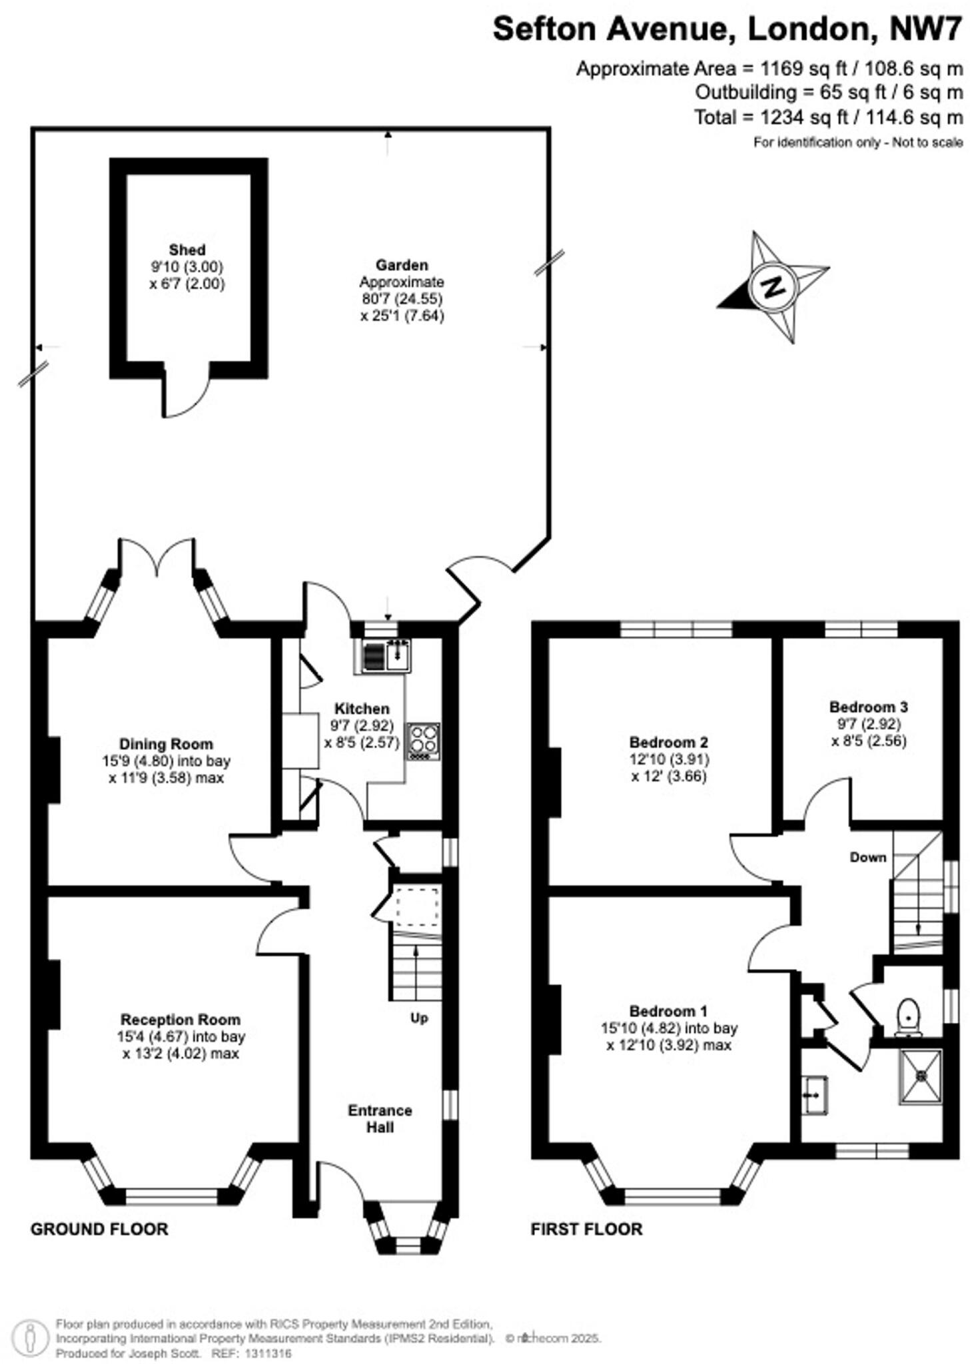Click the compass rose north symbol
tap(773, 287)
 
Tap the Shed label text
tap(187, 250)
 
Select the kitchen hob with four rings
tap(423, 741)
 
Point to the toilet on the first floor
tap(908, 1016)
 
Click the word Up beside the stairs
tap(418, 1018)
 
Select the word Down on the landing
tap(867, 857)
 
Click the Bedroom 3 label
tap(868, 707)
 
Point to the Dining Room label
tap(166, 744)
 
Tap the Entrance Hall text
tap(380, 1118)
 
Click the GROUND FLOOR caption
tap(99, 1229)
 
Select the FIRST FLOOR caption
tap(586, 1229)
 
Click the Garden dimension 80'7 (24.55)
tap(402, 298)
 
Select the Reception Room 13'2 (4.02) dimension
tap(180, 1054)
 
